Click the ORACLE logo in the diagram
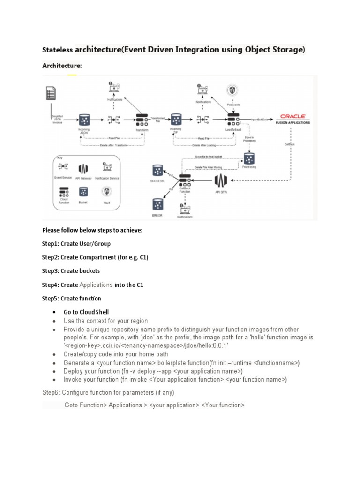[x=293, y=116]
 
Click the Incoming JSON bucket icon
[x=85, y=120]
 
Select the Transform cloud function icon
[x=142, y=120]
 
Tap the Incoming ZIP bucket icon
[x=176, y=119]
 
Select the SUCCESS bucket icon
[x=157, y=171]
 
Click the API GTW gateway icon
[x=221, y=181]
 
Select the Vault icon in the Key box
[x=108, y=191]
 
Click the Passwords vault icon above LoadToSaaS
[x=232, y=90]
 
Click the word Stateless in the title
[x=58, y=50]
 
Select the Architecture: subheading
[x=62, y=66]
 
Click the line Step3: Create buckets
[x=71, y=271]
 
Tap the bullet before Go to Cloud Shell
[x=54, y=312]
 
